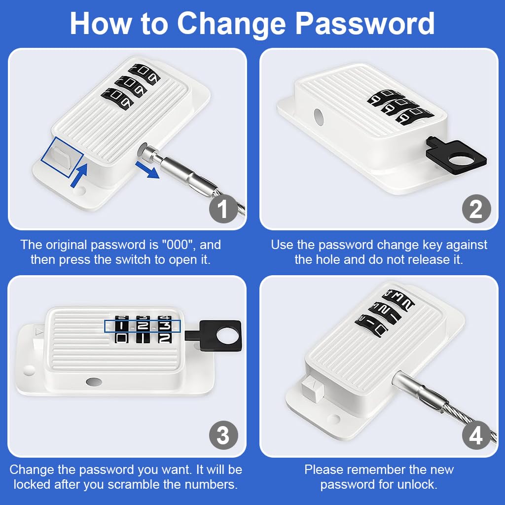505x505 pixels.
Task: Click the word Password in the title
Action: tap(365, 24)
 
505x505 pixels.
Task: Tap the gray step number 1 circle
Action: tap(223, 209)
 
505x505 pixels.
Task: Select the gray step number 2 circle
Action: tap(476, 209)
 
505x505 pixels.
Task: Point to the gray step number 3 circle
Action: tap(223, 435)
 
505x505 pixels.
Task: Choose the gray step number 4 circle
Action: tap(476, 435)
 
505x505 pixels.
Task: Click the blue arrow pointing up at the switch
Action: tap(79, 175)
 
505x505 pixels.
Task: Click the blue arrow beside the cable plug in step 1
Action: tap(147, 170)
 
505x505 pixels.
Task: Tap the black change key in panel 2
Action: tap(456, 156)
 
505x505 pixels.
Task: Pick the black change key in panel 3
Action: tap(214, 335)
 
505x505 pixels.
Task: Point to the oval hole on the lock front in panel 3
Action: tap(94, 382)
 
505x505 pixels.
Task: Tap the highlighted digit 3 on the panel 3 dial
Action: tap(165, 326)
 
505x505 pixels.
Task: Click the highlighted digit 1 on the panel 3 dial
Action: tap(121, 326)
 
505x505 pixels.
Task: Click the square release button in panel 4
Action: tap(312, 390)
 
